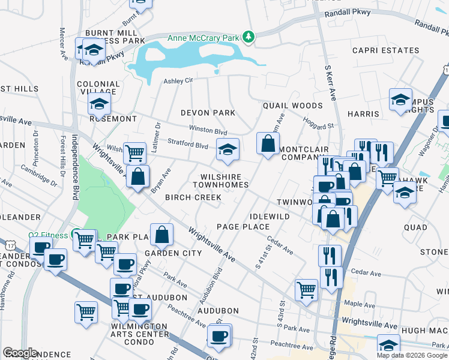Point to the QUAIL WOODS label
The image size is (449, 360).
pos(292,106)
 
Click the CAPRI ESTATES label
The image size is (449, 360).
pos(385,50)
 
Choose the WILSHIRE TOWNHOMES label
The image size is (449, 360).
pos(220,181)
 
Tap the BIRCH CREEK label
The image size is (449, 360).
pos(194,197)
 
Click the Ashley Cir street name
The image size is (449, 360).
pos(178,80)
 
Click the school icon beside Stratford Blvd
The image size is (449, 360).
pos(228,150)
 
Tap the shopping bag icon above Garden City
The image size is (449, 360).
pos(161,235)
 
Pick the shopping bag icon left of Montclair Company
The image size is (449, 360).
pos(268,144)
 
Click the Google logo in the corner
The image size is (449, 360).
pos(20,353)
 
